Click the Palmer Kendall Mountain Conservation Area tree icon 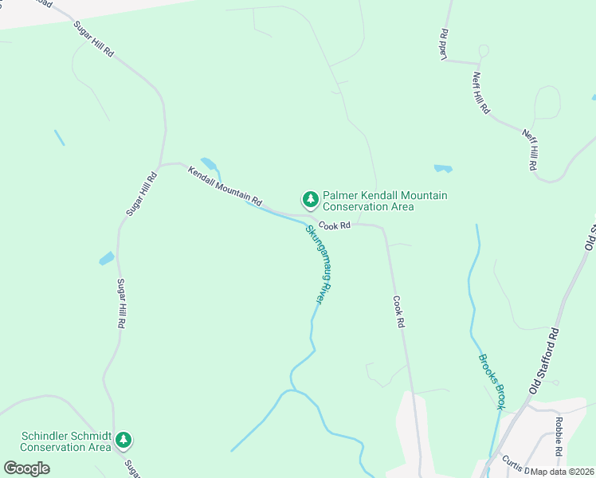tap(310, 198)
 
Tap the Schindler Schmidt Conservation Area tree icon tap(123, 439)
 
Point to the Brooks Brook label tap(492, 381)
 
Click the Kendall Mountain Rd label tap(225, 185)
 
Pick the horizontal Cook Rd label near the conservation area tap(335, 226)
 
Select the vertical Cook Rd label tap(399, 313)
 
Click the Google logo tap(26, 468)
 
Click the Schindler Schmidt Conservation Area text tap(65, 441)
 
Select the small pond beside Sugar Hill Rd tap(106, 258)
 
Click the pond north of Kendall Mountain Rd tap(210, 164)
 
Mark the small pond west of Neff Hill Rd tap(443, 169)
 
